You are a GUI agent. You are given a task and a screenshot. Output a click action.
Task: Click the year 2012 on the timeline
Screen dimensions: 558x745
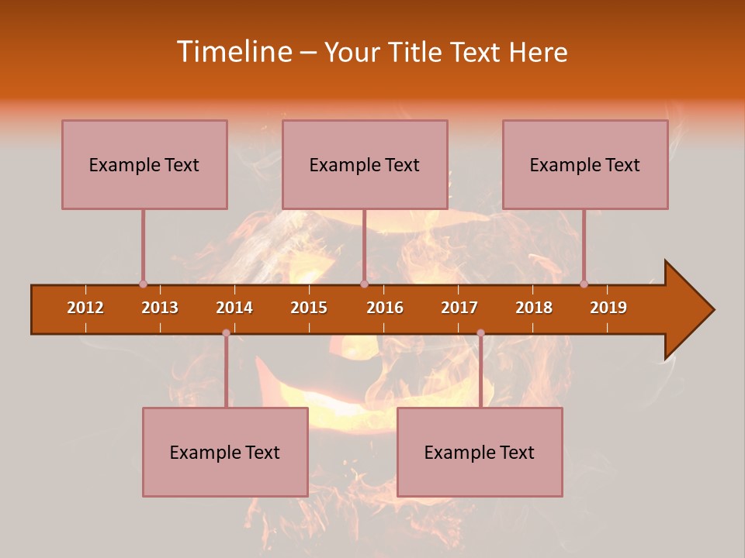[x=85, y=308]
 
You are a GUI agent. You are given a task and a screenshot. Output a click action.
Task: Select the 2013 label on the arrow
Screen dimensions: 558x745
[x=160, y=308]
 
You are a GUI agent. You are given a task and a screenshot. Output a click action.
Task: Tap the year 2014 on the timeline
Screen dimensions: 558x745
[x=234, y=308]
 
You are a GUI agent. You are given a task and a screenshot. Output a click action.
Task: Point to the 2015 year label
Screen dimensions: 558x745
[x=309, y=308]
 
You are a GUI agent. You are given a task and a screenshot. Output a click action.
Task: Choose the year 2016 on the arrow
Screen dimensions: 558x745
[x=385, y=308]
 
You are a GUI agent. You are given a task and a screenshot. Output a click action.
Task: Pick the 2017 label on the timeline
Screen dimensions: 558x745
[x=459, y=308]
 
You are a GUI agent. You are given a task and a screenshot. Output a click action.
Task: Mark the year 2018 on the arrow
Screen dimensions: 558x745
[x=534, y=308]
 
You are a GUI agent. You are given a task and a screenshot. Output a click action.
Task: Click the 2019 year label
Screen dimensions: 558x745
[x=608, y=308]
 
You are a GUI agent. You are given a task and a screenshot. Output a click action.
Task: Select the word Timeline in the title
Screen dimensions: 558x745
[x=234, y=52]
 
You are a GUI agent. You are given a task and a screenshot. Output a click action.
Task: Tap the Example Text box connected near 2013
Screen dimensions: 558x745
[x=144, y=164]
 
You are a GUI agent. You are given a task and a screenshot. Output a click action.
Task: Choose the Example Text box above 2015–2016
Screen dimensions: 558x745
[x=365, y=164]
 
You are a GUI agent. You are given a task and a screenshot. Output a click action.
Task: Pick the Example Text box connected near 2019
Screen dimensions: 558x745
[x=585, y=164]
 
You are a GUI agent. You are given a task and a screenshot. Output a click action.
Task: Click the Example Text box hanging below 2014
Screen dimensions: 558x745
[x=225, y=452]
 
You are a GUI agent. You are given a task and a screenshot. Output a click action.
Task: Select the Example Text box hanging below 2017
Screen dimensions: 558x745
[x=480, y=452]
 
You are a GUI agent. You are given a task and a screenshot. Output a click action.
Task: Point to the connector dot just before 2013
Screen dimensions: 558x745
[x=143, y=284]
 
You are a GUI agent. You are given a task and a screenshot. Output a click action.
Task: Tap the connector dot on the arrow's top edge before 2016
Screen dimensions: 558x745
[x=364, y=284]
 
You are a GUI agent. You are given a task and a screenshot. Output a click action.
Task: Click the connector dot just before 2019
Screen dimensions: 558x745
[x=584, y=284]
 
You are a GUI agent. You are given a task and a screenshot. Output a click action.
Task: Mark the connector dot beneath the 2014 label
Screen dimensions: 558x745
[x=226, y=333]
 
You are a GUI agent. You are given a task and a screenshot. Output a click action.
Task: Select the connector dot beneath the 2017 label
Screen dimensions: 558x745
[x=480, y=333]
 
